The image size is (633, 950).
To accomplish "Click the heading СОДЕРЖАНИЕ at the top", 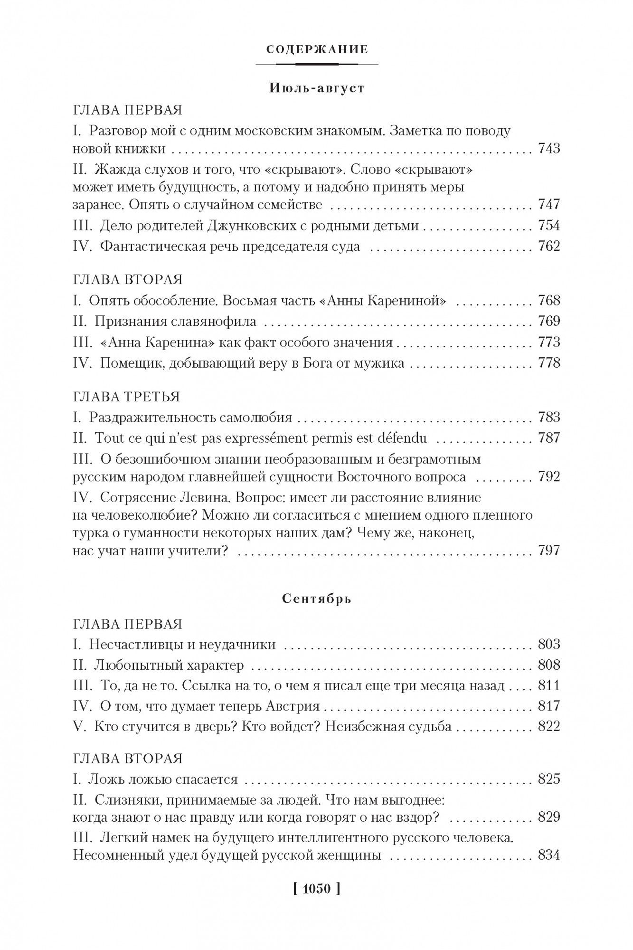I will point(317,49).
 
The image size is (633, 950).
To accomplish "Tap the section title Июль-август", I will point(317,88).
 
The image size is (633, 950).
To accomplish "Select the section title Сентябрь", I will point(317,598).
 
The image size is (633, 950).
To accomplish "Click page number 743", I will point(549,149).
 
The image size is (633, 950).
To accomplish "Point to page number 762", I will point(549,246).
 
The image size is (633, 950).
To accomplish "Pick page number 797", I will point(549,551).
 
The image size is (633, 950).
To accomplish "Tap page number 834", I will point(549,855).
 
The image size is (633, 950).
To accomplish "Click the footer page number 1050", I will point(316,889).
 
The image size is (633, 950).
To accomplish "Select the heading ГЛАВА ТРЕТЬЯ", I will point(127,396).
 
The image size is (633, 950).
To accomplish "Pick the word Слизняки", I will point(122,800).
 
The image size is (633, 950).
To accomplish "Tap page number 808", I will point(549,665).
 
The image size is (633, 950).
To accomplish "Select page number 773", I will point(549,342).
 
